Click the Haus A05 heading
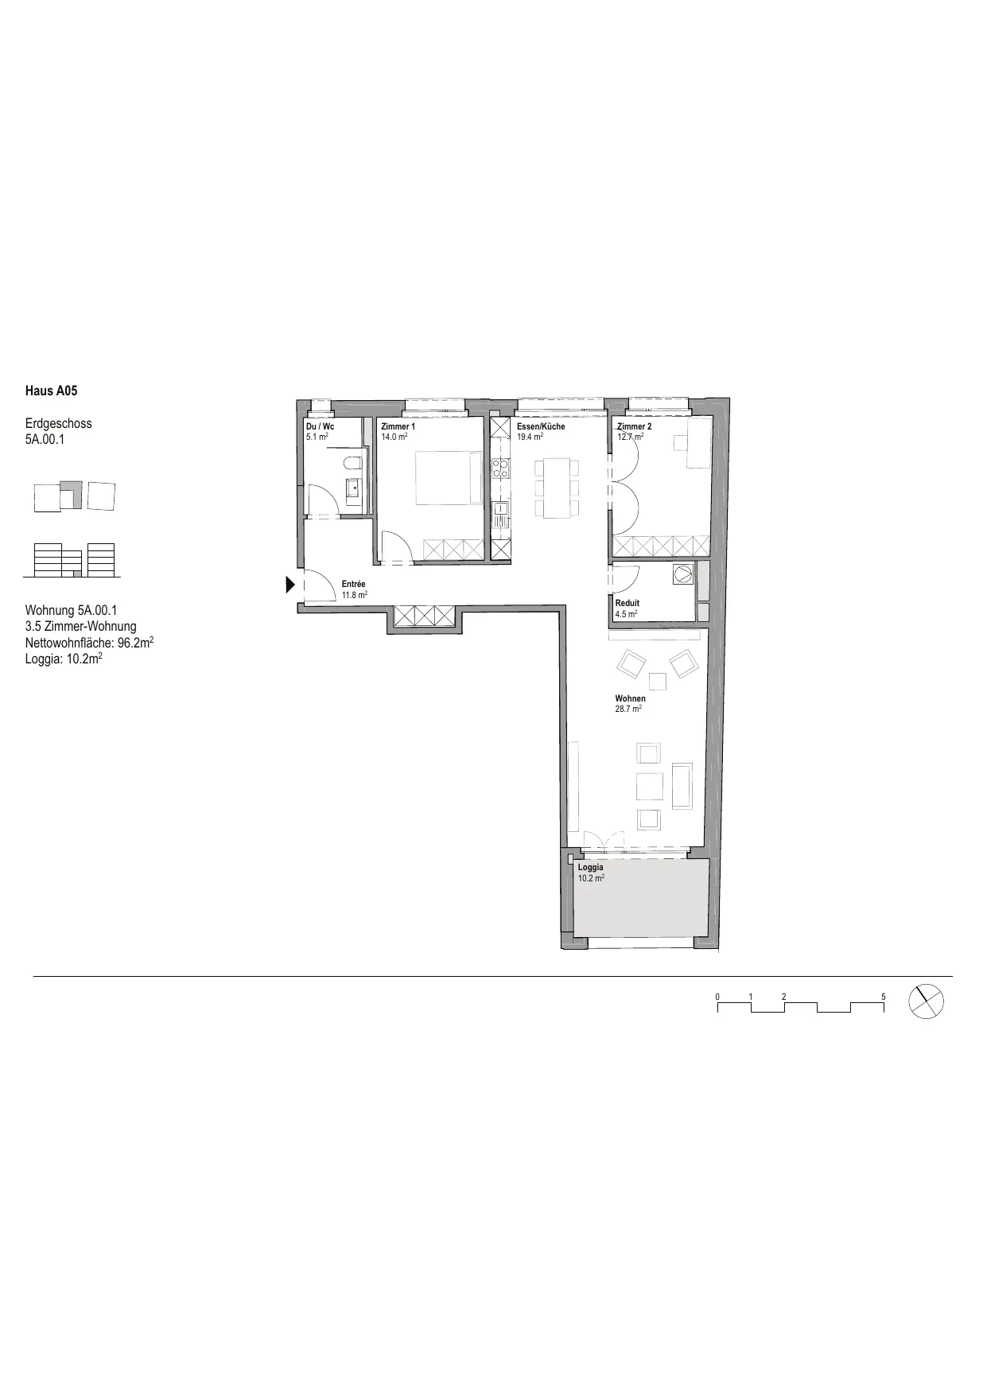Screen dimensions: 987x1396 pos(52,391)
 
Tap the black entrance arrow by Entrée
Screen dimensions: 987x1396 pos(290,585)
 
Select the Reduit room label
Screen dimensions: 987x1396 pos(628,603)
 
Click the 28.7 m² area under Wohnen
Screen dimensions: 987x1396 pos(628,709)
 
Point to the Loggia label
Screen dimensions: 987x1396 pos(590,867)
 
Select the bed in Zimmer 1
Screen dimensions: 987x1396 pos(448,477)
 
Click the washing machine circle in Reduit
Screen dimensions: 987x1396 pos(683,574)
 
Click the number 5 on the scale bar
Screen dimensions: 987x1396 pos(884,997)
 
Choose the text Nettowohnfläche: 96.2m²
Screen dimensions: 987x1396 pos(89,642)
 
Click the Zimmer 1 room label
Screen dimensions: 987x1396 pos(398,426)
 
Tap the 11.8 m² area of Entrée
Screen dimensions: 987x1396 pos(355,595)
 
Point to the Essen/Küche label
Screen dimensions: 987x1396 pos(541,426)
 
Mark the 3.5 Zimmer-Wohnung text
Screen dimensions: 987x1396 pos(81,626)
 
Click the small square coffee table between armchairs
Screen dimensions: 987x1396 pos(658,682)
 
